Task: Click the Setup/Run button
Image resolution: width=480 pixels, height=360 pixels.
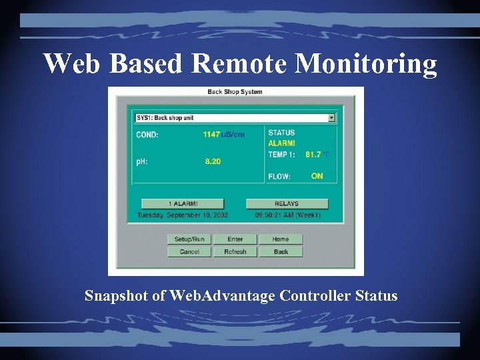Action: point(189,239)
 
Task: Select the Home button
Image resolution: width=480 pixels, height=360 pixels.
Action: point(280,239)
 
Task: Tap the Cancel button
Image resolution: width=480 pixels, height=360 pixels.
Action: point(189,252)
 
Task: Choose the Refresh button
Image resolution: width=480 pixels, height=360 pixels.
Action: point(235,252)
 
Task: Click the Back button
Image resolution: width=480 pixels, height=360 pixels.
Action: point(280,252)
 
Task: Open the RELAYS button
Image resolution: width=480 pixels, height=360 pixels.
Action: point(287,204)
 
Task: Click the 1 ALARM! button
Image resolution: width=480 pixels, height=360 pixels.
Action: point(183,204)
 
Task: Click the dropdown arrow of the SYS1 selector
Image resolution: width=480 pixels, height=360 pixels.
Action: point(331,118)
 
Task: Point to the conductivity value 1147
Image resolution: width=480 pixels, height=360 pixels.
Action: point(211,135)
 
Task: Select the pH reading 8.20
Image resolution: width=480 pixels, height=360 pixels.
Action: point(213,161)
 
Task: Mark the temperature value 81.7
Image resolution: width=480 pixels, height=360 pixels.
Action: point(313,155)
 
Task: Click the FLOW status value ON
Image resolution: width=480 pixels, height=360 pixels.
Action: point(317,176)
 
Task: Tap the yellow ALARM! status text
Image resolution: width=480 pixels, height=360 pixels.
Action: point(281,143)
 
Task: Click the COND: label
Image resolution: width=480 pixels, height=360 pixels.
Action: point(147,135)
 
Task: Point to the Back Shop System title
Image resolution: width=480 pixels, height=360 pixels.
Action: point(235,92)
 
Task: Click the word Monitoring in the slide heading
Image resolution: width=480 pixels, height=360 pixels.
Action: point(365,64)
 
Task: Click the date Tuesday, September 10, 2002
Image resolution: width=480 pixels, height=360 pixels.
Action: point(182,215)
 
